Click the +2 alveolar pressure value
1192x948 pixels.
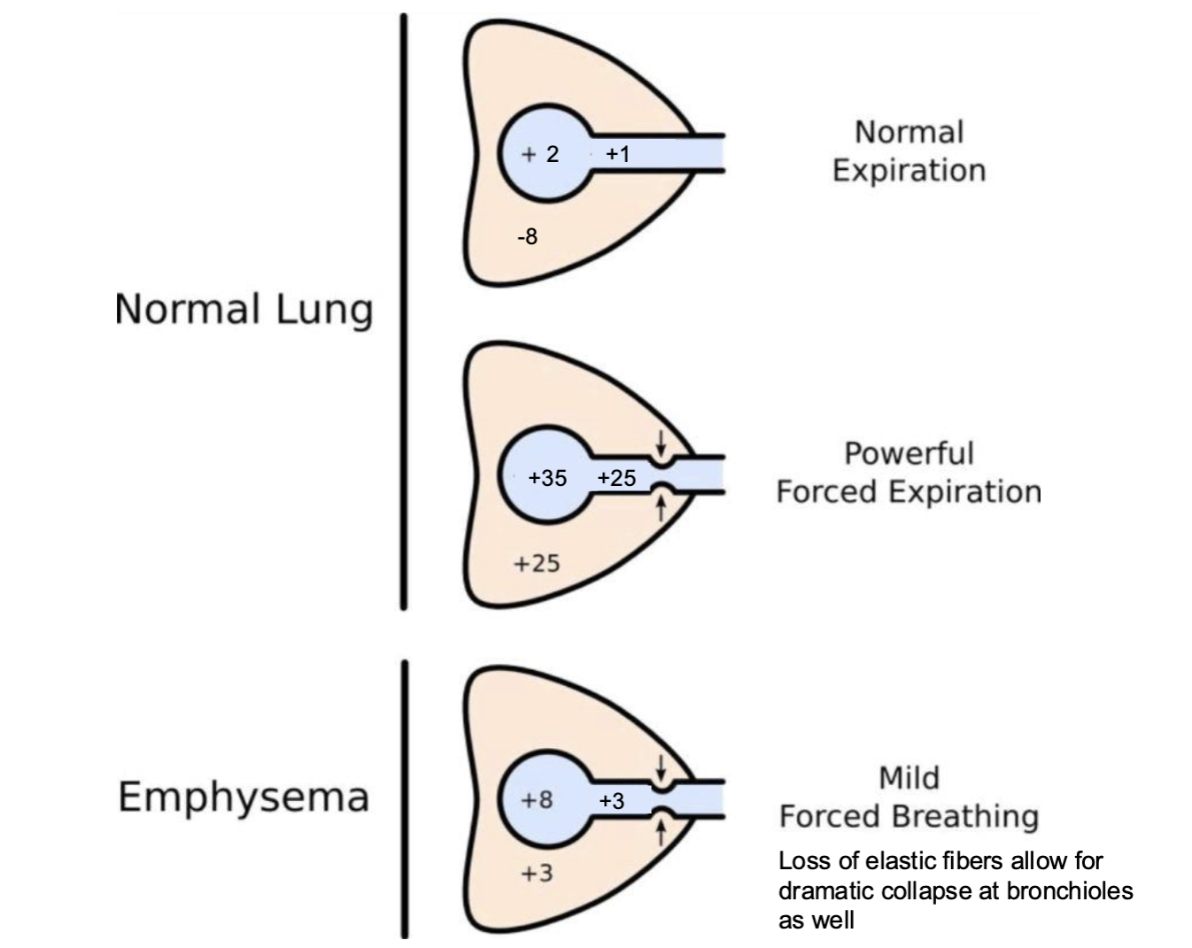pyautogui.click(x=541, y=154)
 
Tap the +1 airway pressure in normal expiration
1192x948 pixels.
pyautogui.click(x=617, y=154)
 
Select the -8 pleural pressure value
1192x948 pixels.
pyautogui.click(x=527, y=237)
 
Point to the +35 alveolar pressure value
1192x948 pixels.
pyautogui.click(x=547, y=478)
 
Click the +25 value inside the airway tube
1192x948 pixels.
pyautogui.click(x=616, y=478)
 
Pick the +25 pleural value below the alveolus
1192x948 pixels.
pyautogui.click(x=537, y=563)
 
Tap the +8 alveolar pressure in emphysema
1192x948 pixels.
pyautogui.click(x=538, y=799)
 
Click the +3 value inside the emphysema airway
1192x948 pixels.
pyautogui.click(x=612, y=801)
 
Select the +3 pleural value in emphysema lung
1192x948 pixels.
pyautogui.click(x=537, y=873)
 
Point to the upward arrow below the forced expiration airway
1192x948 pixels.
pyautogui.click(x=660, y=508)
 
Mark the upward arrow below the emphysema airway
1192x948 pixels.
pyautogui.click(x=660, y=832)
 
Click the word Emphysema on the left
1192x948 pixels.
pyautogui.click(x=244, y=798)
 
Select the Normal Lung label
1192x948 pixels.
pyautogui.click(x=244, y=310)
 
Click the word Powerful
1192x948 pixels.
pyautogui.click(x=909, y=453)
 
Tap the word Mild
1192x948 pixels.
pyautogui.click(x=909, y=778)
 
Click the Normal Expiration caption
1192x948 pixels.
pyautogui.click(x=909, y=151)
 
